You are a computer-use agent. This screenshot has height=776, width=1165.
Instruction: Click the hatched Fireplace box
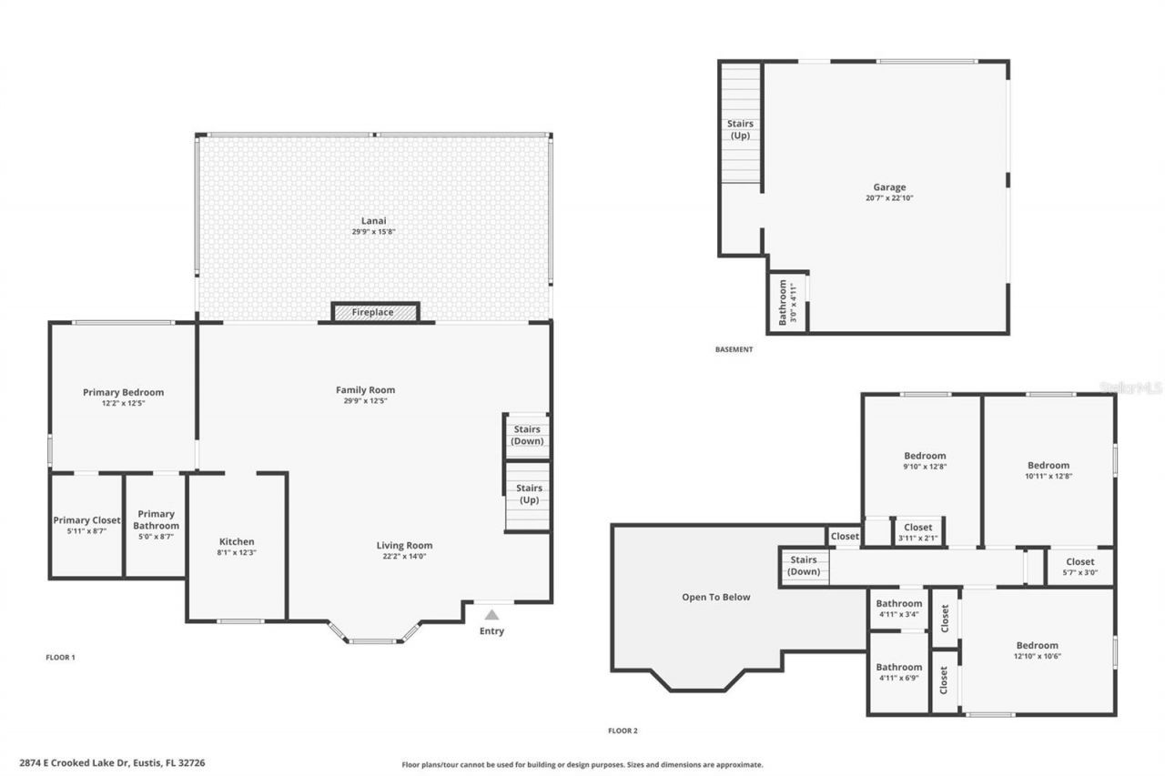[374, 312]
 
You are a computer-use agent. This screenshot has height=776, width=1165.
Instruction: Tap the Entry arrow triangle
[491, 615]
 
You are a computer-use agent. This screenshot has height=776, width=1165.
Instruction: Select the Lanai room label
[373, 220]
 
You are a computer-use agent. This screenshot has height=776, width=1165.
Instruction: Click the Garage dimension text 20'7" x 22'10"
[889, 198]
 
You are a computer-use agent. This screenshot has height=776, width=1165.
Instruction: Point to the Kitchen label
[237, 541]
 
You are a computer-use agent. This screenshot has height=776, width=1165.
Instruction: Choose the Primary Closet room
[86, 525]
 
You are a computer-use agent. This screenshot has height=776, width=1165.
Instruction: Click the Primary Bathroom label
[156, 519]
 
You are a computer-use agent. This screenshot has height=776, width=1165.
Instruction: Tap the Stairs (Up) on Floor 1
[529, 494]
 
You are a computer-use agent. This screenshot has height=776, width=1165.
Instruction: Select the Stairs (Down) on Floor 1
[527, 435]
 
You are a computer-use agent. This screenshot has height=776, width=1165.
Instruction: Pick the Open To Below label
[716, 597]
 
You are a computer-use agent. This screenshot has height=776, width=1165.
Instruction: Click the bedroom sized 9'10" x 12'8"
[924, 461]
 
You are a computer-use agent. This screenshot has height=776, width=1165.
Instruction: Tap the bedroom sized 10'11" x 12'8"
[1048, 470]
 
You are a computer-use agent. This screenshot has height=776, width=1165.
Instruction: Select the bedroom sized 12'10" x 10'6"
[1037, 650]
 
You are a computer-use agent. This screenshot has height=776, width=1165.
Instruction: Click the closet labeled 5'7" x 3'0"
[1079, 567]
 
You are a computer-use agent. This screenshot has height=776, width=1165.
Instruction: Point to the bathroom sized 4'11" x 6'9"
[898, 672]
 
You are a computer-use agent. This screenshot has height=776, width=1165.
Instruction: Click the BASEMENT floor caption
[734, 349]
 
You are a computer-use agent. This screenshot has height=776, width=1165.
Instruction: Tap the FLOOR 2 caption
[623, 731]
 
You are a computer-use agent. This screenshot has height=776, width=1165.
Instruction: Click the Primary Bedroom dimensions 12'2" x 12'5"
[123, 402]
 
